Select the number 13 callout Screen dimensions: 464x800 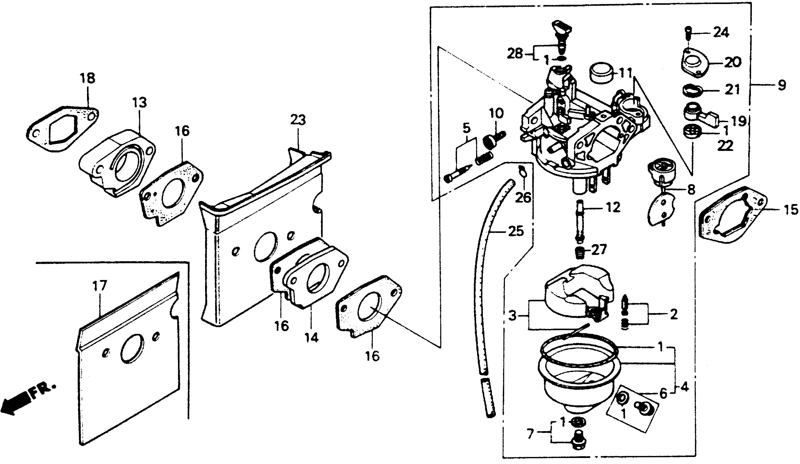pyautogui.click(x=140, y=103)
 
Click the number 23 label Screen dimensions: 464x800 pyautogui.click(x=298, y=120)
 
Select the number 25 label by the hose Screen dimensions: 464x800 pyautogui.click(x=515, y=231)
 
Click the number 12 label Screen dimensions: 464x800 pyautogui.click(x=612, y=208)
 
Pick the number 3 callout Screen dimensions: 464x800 pyautogui.click(x=513, y=316)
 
